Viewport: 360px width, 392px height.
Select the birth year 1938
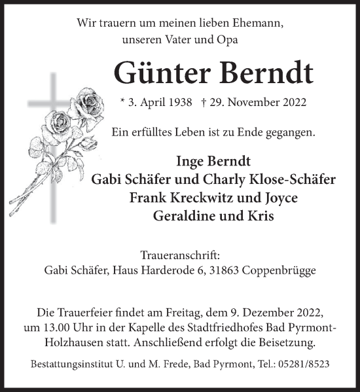tap(178, 103)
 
